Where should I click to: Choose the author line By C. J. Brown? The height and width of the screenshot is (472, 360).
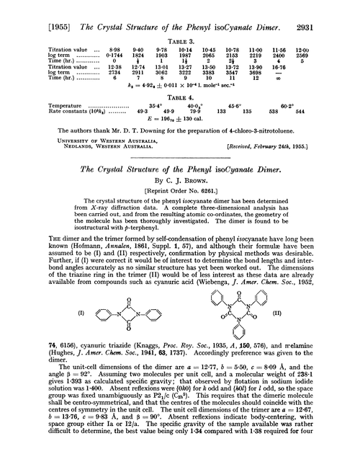(179, 185)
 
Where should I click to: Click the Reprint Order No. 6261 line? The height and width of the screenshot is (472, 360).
(179, 196)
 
